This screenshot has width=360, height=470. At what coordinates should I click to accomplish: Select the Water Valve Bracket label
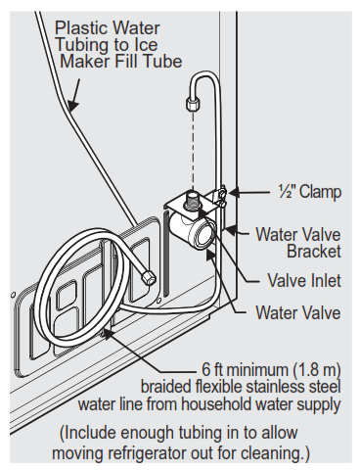point(298,245)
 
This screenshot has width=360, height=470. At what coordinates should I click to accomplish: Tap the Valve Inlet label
point(304,280)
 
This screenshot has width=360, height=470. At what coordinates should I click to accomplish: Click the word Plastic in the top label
point(82,28)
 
